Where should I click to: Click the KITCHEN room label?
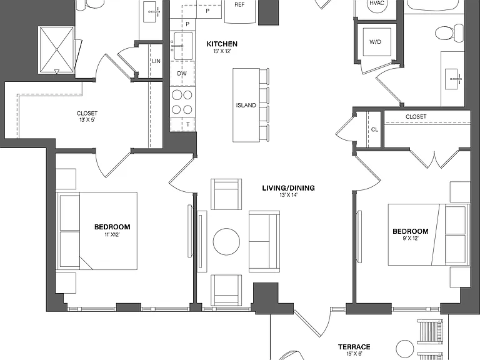pyautogui.click(x=222, y=44)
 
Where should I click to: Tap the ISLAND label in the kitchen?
pyautogui.click(x=246, y=105)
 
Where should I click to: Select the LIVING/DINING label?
pyautogui.click(x=288, y=188)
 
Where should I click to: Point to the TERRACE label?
pyautogui.click(x=354, y=347)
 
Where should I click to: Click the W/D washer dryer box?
pyautogui.click(x=377, y=42)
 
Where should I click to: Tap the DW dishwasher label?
pyautogui.click(x=182, y=74)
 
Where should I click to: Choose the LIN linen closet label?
pyautogui.click(x=156, y=61)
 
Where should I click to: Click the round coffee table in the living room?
pyautogui.click(x=226, y=241)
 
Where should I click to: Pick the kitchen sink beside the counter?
pyautogui.click(x=183, y=46)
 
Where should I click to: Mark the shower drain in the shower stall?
pyautogui.click(x=57, y=49)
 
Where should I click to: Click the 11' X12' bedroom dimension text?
pyautogui.click(x=112, y=235)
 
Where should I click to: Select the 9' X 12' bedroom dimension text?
pyautogui.click(x=411, y=238)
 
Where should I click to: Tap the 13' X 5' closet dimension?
pyautogui.click(x=87, y=120)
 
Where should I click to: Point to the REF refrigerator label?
pyautogui.click(x=239, y=4)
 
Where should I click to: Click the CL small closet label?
pyautogui.click(x=374, y=129)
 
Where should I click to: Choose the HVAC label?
pyautogui.click(x=377, y=3)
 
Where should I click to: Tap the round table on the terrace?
pyautogui.click(x=405, y=349)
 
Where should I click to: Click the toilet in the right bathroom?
pyautogui.click(x=449, y=32)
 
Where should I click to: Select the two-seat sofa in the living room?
pyautogui.click(x=264, y=241)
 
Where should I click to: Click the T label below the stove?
pyautogui.click(x=187, y=124)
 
